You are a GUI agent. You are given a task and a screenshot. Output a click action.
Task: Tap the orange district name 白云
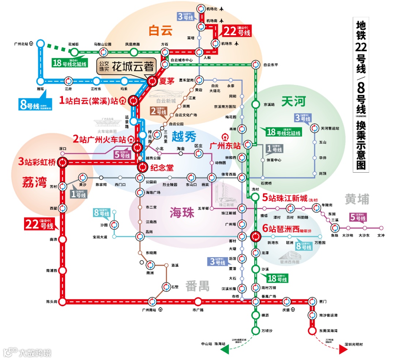(x=160, y=31)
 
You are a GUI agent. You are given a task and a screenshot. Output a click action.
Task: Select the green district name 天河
(x=293, y=102)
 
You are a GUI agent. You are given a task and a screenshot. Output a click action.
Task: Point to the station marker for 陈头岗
(x=63, y=302)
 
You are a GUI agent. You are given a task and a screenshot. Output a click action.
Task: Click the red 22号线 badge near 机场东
(x=237, y=31)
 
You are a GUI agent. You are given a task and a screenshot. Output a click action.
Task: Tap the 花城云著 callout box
(x=127, y=67)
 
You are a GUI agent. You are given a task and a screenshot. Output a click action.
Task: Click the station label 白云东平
(x=271, y=65)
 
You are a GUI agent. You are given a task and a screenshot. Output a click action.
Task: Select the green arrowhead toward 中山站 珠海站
(x=224, y=350)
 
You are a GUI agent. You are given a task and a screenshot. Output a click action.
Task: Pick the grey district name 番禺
(x=197, y=286)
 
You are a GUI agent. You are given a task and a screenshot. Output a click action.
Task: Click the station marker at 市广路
(x=198, y=302)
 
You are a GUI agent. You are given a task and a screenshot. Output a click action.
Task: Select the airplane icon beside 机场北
(x=222, y=9)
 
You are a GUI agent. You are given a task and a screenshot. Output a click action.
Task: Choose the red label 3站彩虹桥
(x=38, y=161)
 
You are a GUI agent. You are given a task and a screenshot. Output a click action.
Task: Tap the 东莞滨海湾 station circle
(x=312, y=330)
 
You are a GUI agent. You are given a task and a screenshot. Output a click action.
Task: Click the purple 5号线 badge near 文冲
(x=358, y=217)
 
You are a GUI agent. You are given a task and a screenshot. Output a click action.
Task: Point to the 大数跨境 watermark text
(x=35, y=353)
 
